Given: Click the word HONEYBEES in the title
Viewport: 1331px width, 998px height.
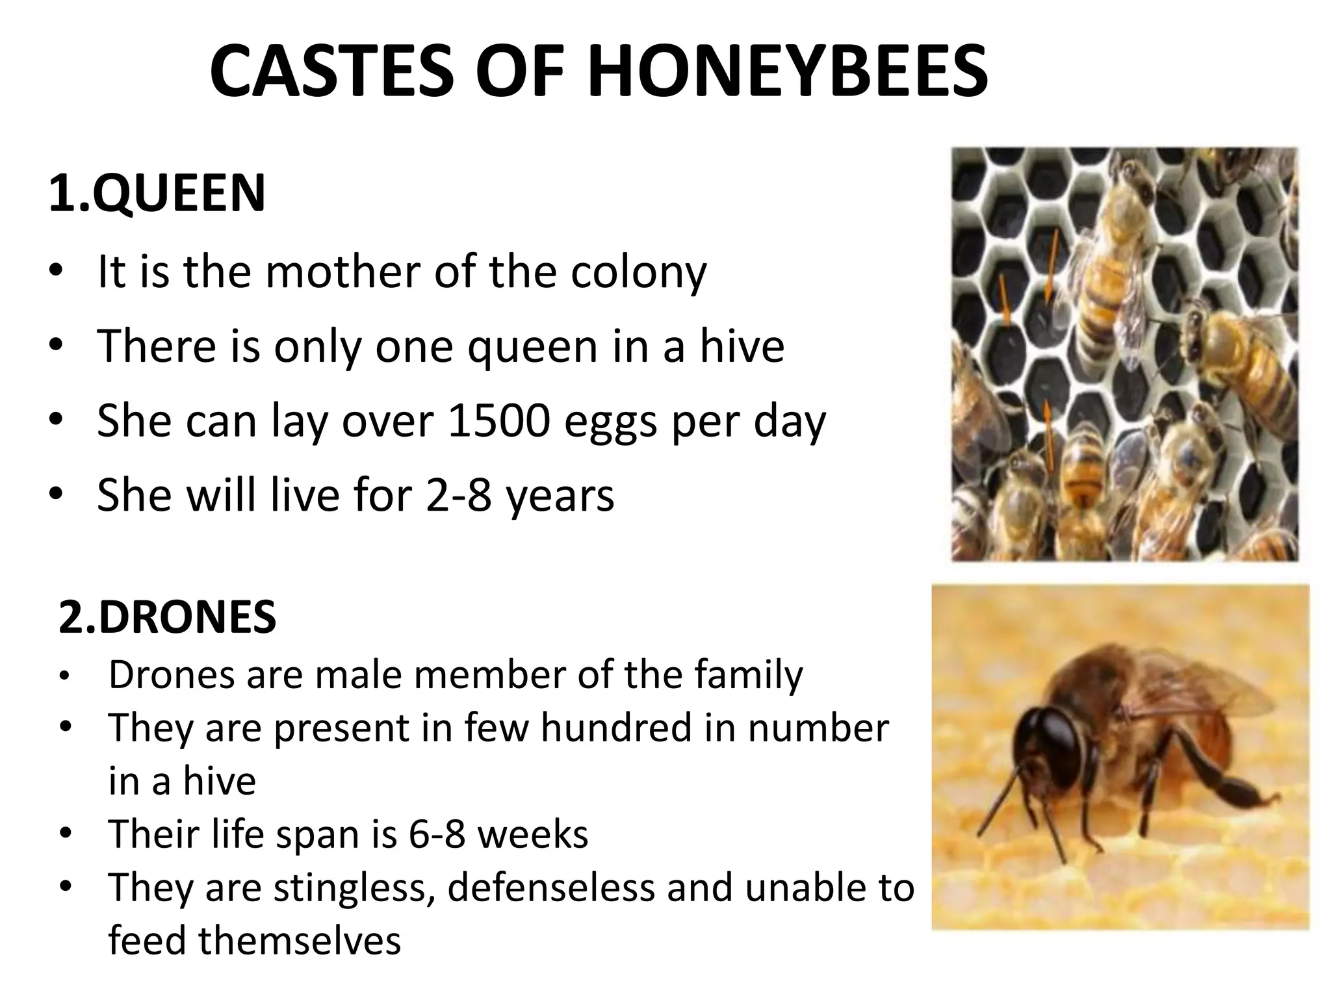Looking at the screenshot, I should [x=787, y=71].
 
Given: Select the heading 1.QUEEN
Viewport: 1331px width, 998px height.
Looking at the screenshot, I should [x=157, y=193].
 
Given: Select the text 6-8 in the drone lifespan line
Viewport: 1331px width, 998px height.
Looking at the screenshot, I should [x=437, y=834].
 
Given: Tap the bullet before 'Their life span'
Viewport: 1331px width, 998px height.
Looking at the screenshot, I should [x=65, y=834].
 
